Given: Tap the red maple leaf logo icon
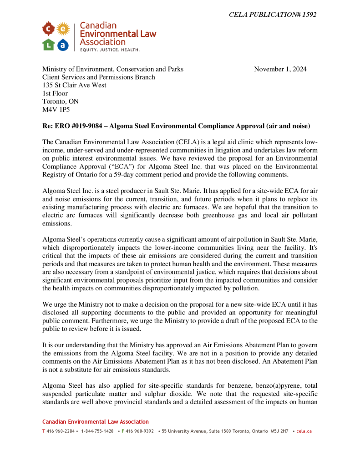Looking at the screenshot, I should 48,30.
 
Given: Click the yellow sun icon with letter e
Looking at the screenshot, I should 63,30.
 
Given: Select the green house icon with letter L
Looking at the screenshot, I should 48,45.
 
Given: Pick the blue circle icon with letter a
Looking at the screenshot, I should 63,45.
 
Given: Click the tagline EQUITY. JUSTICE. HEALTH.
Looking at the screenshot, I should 110,49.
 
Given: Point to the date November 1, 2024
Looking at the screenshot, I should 280,69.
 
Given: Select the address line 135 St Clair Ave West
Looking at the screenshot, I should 74,85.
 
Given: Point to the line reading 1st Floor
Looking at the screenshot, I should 55,93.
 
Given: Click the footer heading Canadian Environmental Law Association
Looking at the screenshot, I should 96,422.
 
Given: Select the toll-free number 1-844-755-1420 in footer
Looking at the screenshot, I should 97,431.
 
